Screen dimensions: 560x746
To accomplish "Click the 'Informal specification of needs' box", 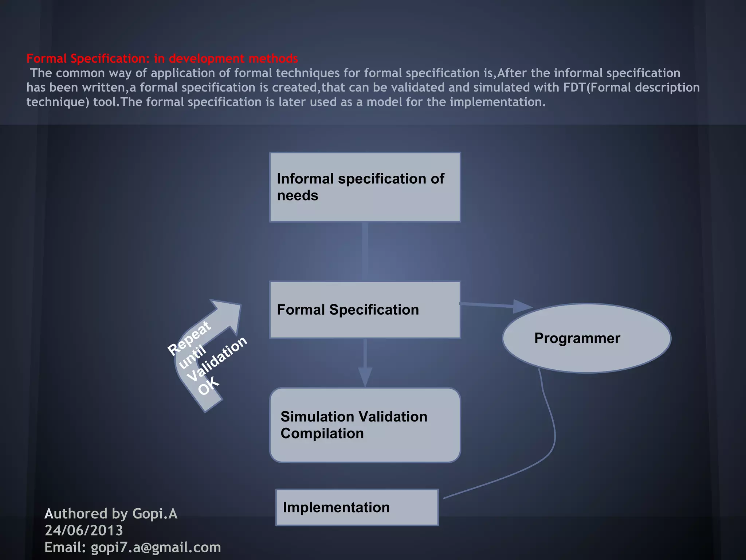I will [365, 187].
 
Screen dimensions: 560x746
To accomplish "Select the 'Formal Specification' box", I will [365, 310].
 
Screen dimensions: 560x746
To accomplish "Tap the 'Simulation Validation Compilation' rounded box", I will [365, 425].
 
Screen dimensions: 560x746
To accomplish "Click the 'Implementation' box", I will [357, 507].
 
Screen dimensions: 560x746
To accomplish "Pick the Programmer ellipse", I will [586, 338].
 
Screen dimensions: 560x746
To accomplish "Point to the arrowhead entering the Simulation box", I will [365, 377].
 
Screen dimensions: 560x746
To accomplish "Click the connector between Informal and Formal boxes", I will [365, 252].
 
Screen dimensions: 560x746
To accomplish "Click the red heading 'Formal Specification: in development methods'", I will [162, 58].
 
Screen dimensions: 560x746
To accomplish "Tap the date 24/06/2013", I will [84, 530].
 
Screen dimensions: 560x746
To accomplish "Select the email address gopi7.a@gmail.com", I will [156, 547].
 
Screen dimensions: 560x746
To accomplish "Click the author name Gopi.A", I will [155, 514].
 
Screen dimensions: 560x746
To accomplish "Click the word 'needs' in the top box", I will [298, 196].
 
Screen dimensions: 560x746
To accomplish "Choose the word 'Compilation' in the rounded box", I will [322, 433].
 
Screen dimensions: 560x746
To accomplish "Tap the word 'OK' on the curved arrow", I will [209, 386].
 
